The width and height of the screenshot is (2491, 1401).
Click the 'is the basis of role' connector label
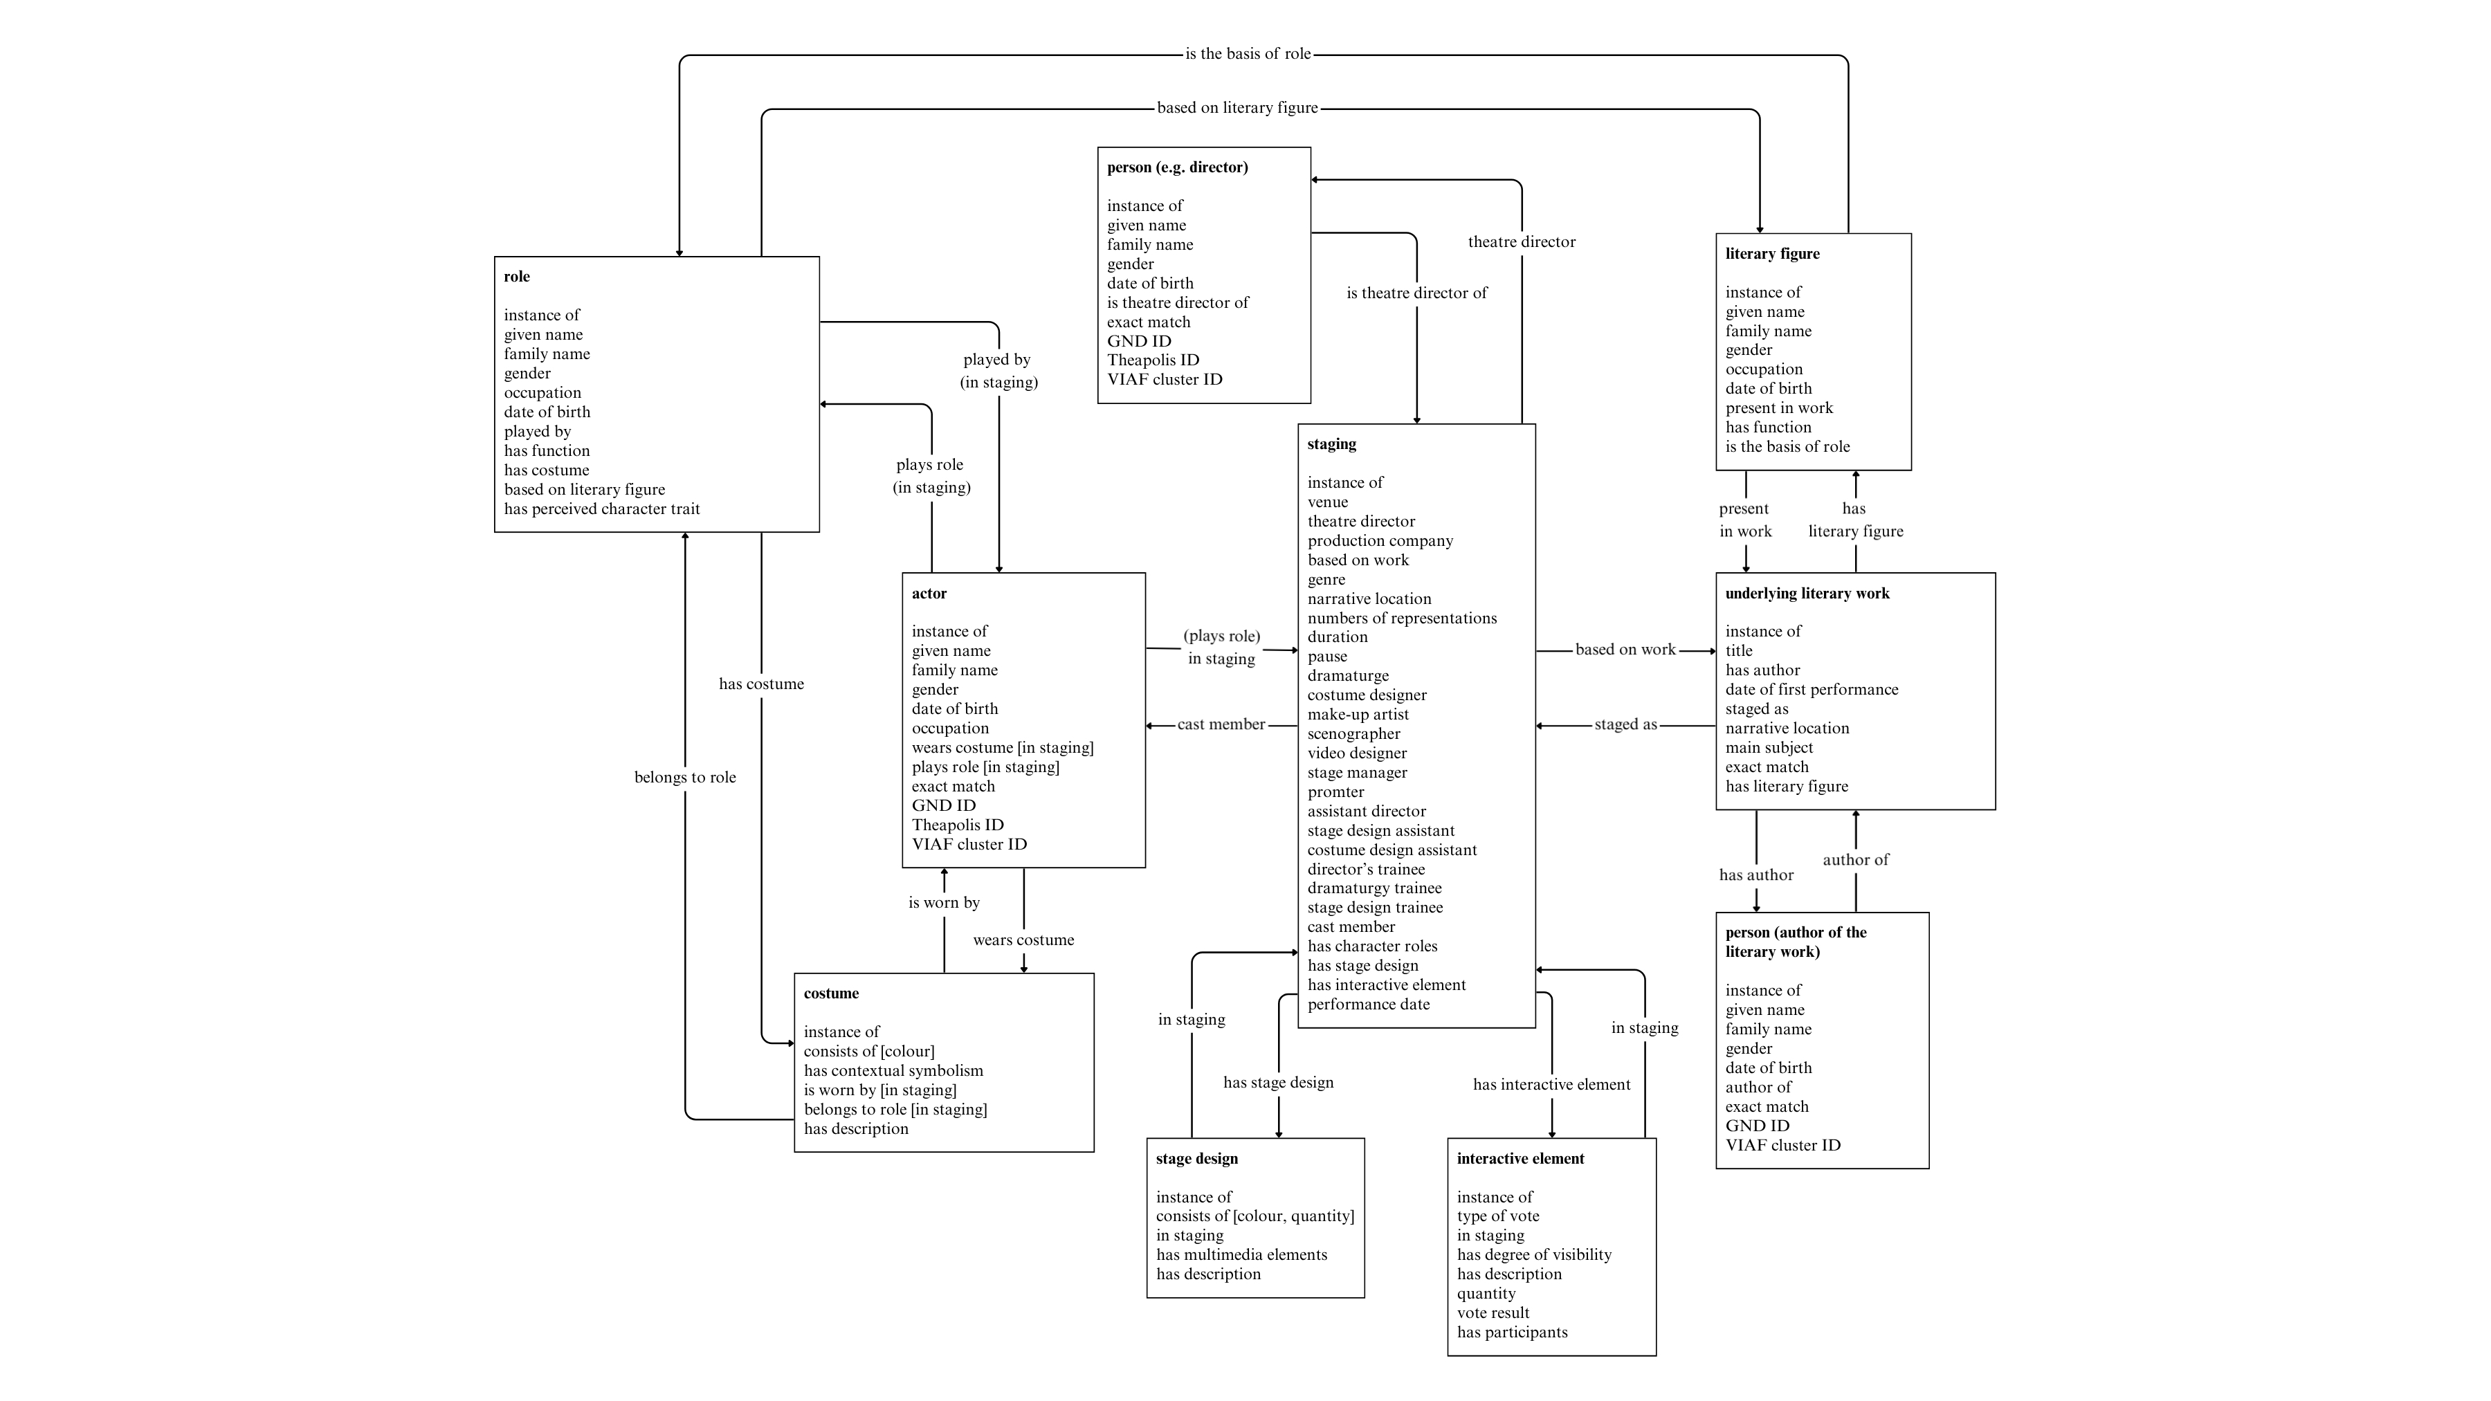pos(1248,54)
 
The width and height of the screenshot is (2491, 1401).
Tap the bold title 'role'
pos(516,277)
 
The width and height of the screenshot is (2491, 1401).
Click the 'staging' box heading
pos(1331,445)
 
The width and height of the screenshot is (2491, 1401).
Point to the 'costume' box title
pos(830,994)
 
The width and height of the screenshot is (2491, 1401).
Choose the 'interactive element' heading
pos(1520,1160)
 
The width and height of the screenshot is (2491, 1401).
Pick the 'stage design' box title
pos(1196,1160)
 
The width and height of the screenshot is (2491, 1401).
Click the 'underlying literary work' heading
pos(1807,594)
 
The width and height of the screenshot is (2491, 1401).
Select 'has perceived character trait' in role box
pos(601,509)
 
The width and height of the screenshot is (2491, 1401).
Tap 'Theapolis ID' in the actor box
pos(958,825)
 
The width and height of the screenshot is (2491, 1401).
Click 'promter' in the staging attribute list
pos(1335,793)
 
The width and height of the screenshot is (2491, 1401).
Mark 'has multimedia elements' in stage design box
pos(1241,1256)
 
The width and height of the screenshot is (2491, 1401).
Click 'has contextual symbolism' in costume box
pos(893,1071)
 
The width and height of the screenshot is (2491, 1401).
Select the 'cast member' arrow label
pos(1221,725)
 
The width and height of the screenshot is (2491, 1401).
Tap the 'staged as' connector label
pos(1625,725)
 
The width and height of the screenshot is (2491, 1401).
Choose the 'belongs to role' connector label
pos(684,778)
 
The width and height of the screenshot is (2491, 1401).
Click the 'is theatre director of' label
pos(1416,294)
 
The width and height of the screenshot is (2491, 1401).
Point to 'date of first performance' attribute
pos(1812,690)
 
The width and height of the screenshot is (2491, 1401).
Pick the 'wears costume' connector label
pos(1023,941)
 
